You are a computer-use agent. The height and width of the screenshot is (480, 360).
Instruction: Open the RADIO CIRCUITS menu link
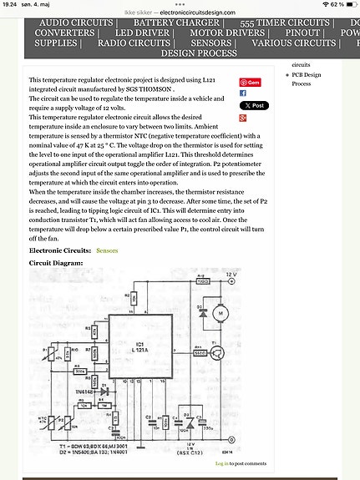(x=134, y=43)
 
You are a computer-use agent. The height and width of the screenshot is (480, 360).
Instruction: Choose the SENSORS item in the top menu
(x=210, y=43)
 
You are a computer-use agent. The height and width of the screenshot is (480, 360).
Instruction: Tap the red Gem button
(x=250, y=82)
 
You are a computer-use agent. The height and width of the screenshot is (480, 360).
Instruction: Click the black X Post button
(x=253, y=106)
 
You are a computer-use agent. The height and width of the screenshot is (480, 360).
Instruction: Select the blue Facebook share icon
(x=243, y=93)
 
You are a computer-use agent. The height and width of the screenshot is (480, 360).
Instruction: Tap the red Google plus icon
(x=243, y=119)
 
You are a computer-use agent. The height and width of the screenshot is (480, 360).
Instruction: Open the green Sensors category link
(x=107, y=250)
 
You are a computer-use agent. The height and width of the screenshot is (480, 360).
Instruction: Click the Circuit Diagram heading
(x=56, y=263)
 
